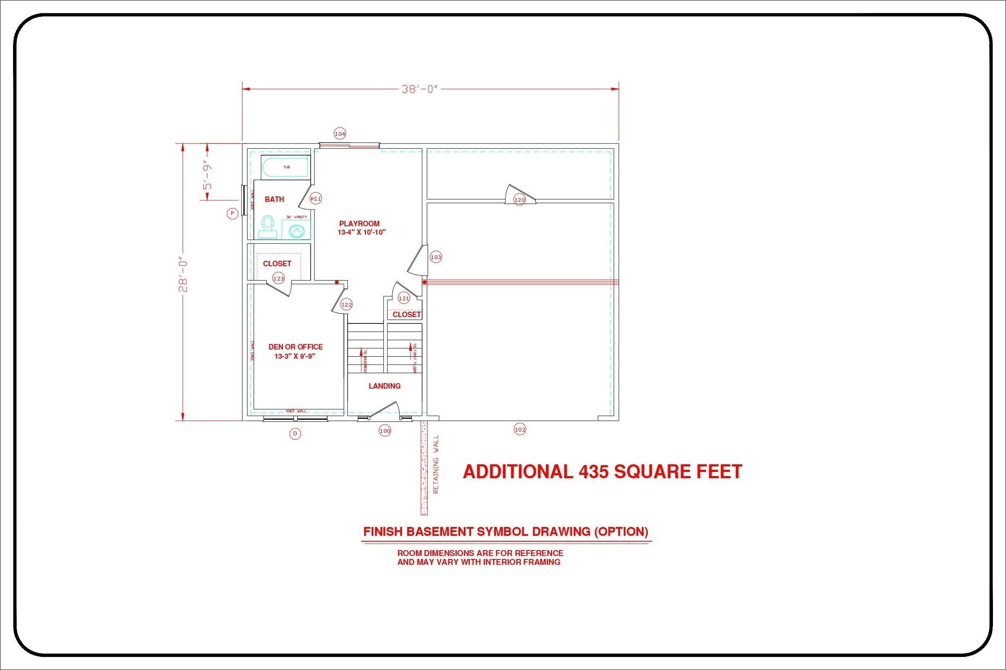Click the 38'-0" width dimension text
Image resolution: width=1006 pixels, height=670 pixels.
click(x=420, y=89)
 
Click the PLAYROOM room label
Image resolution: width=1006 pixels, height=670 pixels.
click(x=359, y=223)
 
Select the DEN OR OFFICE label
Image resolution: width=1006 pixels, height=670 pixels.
click(x=295, y=347)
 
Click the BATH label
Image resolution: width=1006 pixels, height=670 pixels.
click(x=274, y=199)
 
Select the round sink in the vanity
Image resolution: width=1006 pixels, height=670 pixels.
click(x=296, y=232)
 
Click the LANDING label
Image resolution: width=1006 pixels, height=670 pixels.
click(x=384, y=386)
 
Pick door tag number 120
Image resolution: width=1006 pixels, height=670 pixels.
click(x=519, y=199)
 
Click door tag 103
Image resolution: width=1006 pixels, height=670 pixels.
click(x=436, y=257)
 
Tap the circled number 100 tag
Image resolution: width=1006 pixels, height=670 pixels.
click(x=385, y=431)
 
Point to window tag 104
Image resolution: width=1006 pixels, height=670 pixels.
click(x=340, y=134)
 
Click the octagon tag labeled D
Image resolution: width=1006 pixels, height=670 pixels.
click(x=295, y=434)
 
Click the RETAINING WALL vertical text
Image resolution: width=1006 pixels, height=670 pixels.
click(x=436, y=465)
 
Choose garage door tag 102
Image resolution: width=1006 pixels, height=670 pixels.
click(x=519, y=429)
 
